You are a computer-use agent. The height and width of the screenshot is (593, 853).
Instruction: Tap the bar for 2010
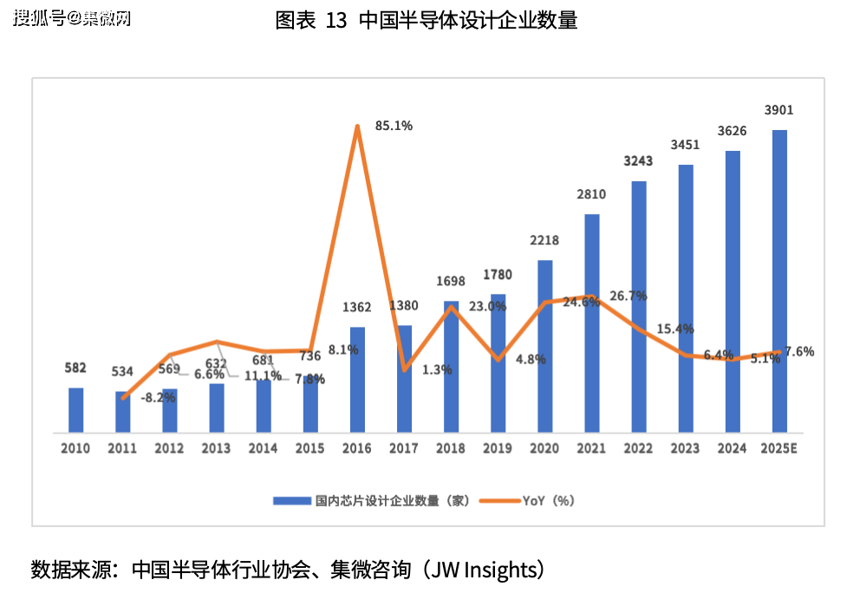[x=76, y=409]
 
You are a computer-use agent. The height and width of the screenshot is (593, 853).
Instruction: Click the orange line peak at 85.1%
[x=357, y=127]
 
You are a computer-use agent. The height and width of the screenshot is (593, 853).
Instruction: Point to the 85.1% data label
[x=394, y=126]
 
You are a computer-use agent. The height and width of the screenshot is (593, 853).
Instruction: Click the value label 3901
[x=778, y=110]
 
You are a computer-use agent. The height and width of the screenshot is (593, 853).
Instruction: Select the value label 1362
[x=356, y=307]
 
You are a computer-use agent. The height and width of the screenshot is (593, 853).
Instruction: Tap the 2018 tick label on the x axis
[x=451, y=448]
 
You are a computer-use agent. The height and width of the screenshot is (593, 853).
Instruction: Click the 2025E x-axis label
[x=778, y=448]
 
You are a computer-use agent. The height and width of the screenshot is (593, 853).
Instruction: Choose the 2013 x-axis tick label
[x=216, y=448]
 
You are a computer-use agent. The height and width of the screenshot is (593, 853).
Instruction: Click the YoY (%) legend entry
[x=549, y=500]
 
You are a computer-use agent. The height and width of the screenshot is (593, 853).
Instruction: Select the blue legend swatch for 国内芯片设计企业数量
[x=291, y=500]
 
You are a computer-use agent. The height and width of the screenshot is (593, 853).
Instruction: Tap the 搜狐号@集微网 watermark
[x=73, y=18]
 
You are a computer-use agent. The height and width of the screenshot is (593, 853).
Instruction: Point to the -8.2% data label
[x=158, y=397]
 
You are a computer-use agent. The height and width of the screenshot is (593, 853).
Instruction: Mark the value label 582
[x=75, y=368]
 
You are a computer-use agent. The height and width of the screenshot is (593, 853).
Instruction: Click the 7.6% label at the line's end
[x=798, y=351]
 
